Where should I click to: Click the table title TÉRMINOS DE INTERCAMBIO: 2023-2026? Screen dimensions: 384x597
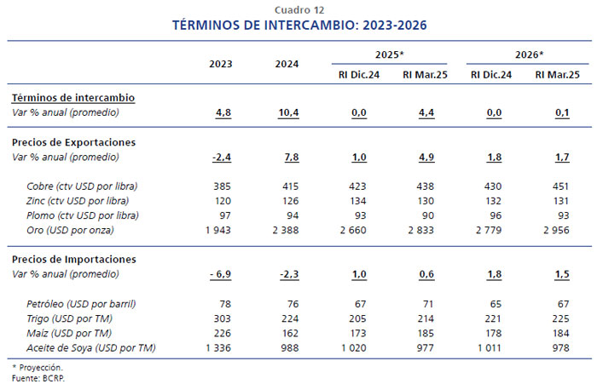[298, 26]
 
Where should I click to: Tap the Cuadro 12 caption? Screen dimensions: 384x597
[298, 9]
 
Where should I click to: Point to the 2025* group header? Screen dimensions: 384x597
[389, 54]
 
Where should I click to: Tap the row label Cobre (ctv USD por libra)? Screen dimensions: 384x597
[82, 186]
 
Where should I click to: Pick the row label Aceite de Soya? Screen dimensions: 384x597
[84, 347]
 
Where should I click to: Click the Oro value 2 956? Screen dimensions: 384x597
[558, 230]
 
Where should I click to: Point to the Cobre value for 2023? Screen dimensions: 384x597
[222, 186]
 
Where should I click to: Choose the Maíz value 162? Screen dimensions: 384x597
[291, 332]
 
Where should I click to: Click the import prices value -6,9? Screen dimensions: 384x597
[221, 273]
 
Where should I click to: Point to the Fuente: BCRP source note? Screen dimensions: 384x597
[38, 377]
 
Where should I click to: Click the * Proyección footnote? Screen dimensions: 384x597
[38, 368]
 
